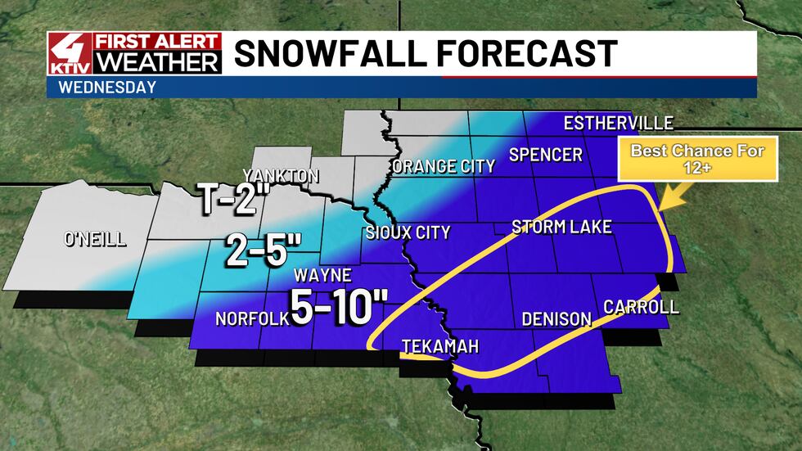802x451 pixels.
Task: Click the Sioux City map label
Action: click(408, 233)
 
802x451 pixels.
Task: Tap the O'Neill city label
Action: click(95, 239)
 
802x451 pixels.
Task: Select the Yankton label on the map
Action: click(280, 176)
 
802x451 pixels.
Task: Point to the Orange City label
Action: click(444, 167)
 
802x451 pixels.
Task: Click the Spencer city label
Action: click(545, 155)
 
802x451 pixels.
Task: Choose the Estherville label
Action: click(619, 124)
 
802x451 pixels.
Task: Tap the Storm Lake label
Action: click(561, 227)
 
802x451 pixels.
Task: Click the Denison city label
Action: click(556, 318)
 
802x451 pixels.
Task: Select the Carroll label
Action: click(641, 307)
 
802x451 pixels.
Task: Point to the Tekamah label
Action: click(439, 348)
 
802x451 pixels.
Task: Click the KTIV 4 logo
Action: click(69, 54)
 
